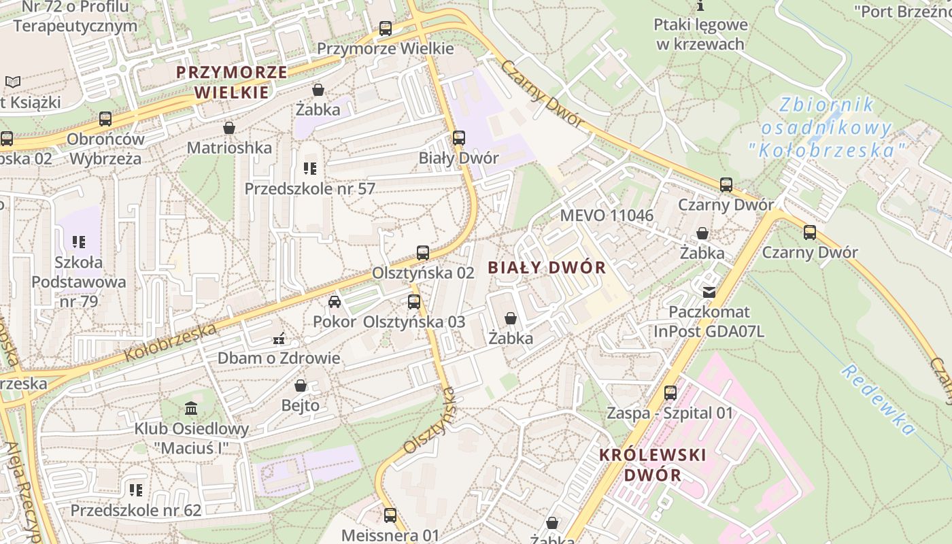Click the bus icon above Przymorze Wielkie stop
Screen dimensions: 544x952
point(386,29)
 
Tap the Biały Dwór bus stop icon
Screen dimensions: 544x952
point(459,138)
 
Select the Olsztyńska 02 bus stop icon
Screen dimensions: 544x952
point(423,253)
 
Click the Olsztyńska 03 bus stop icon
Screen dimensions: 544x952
point(414,302)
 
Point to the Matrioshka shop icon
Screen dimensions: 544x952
point(229,128)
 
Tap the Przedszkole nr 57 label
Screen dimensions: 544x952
point(309,188)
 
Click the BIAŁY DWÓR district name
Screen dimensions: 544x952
point(547,267)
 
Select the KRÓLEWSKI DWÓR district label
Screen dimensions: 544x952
point(653,464)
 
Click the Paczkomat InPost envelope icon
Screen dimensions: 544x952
point(709,292)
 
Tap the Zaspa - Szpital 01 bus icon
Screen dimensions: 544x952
point(670,393)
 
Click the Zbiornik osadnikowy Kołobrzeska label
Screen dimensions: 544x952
point(826,127)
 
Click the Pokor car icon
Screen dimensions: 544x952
point(334,301)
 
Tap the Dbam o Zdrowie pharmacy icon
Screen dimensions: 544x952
point(279,338)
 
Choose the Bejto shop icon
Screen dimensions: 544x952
point(301,386)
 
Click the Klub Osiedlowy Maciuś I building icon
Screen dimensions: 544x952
point(191,409)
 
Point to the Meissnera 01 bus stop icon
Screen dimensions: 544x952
point(390,515)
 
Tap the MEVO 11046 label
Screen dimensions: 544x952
point(607,216)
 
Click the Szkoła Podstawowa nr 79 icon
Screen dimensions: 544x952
point(79,242)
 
